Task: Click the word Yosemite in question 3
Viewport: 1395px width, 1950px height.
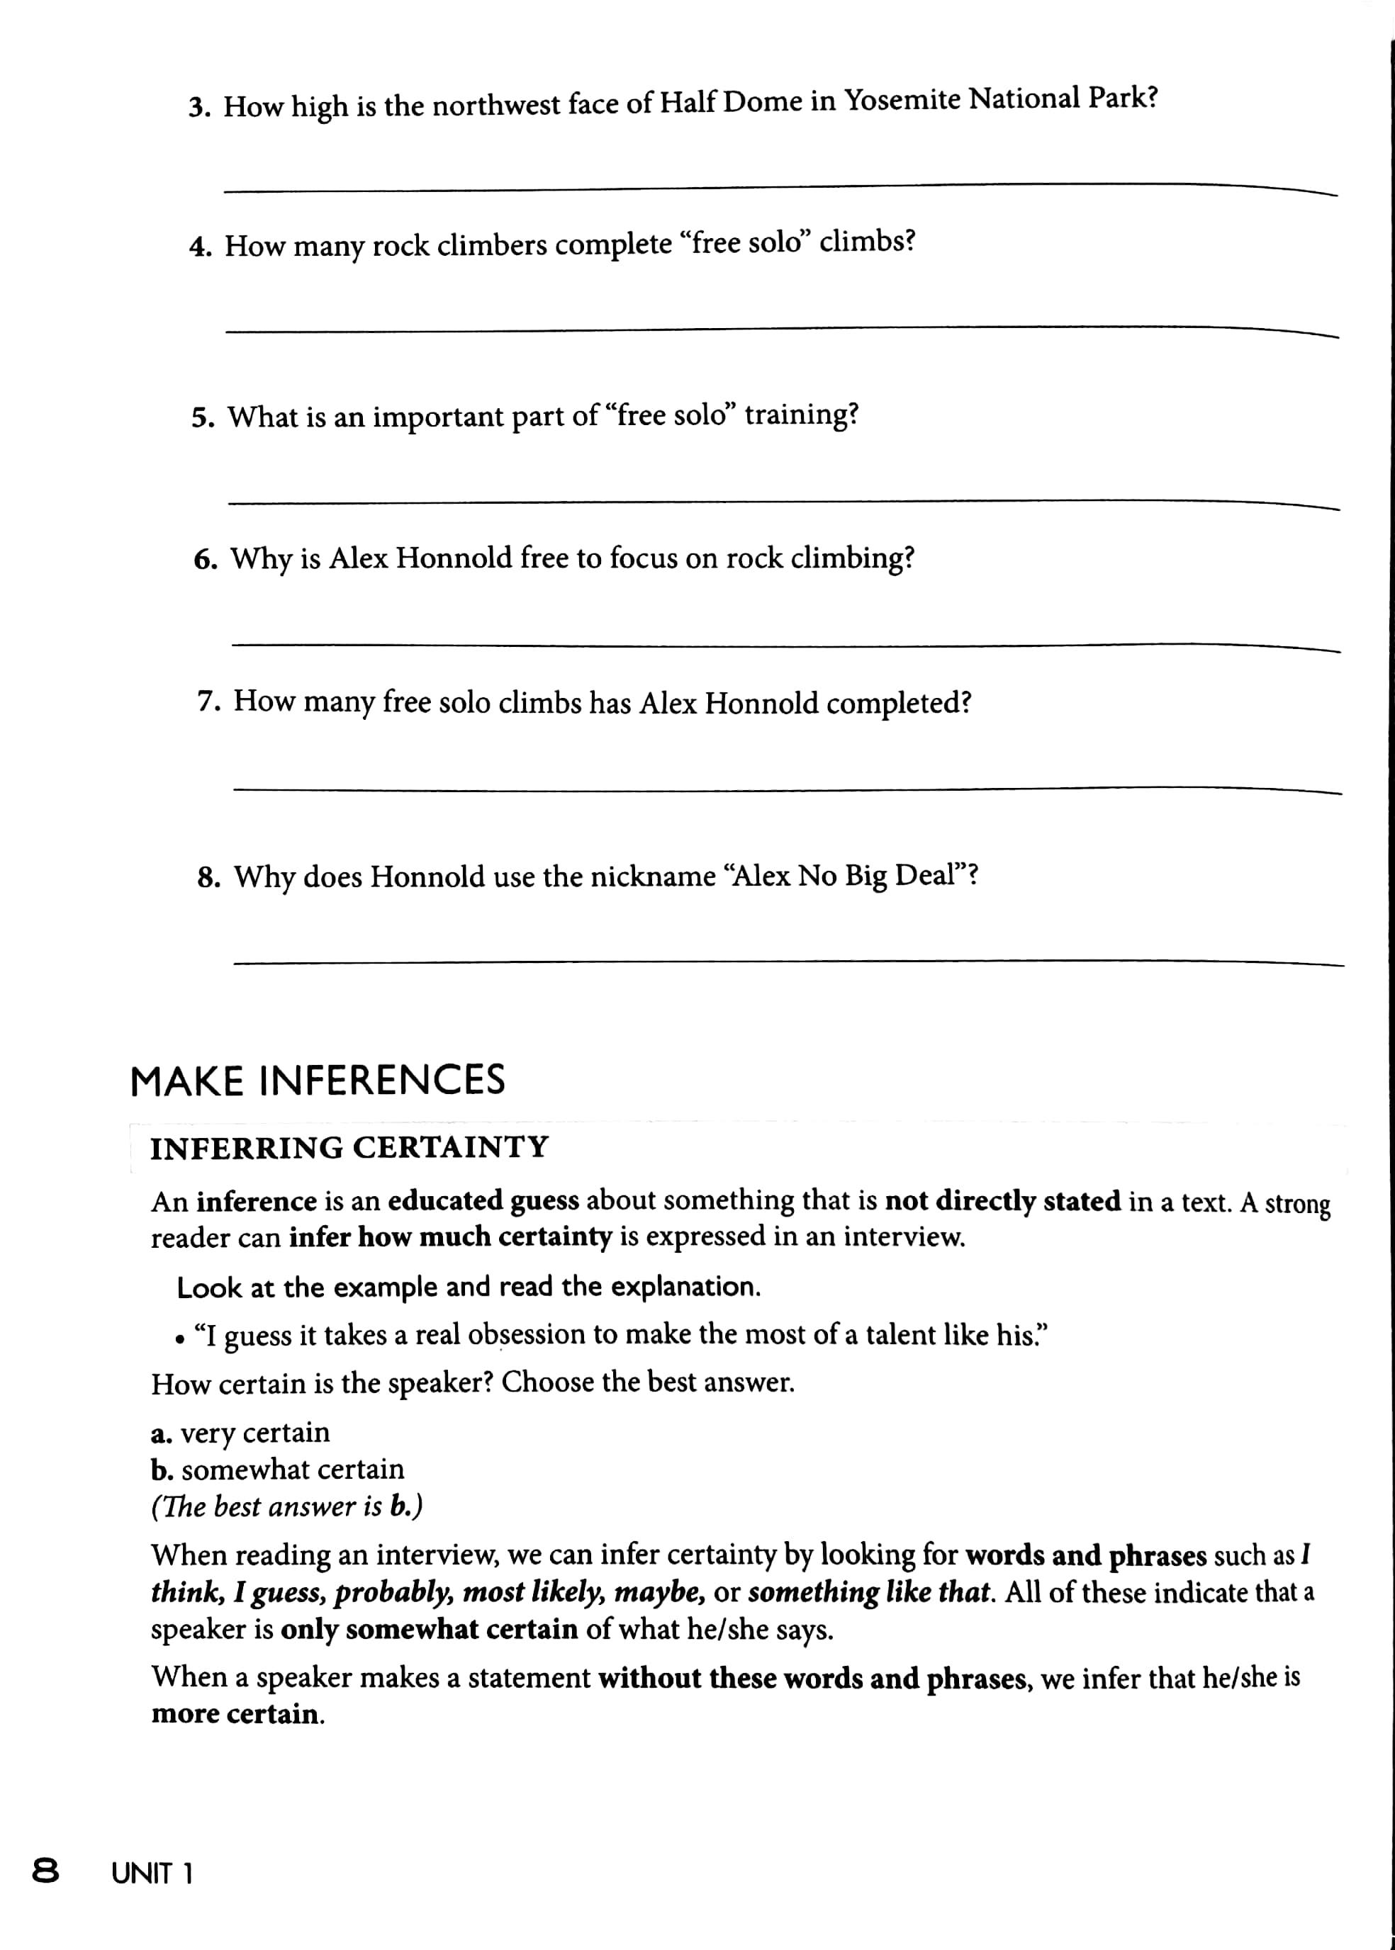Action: [x=902, y=101]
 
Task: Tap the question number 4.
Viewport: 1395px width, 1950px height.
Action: [x=200, y=247]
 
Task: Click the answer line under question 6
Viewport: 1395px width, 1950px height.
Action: [x=785, y=646]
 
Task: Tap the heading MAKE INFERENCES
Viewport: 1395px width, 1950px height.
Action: [x=317, y=1080]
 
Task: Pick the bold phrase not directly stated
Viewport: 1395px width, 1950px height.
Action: [x=1002, y=1200]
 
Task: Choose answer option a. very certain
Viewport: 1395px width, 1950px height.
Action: [x=240, y=1432]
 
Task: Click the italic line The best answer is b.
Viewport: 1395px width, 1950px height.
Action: [x=287, y=1507]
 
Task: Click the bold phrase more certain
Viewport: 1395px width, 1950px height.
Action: [x=237, y=1714]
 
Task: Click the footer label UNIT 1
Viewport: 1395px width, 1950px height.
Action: [x=152, y=1873]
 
